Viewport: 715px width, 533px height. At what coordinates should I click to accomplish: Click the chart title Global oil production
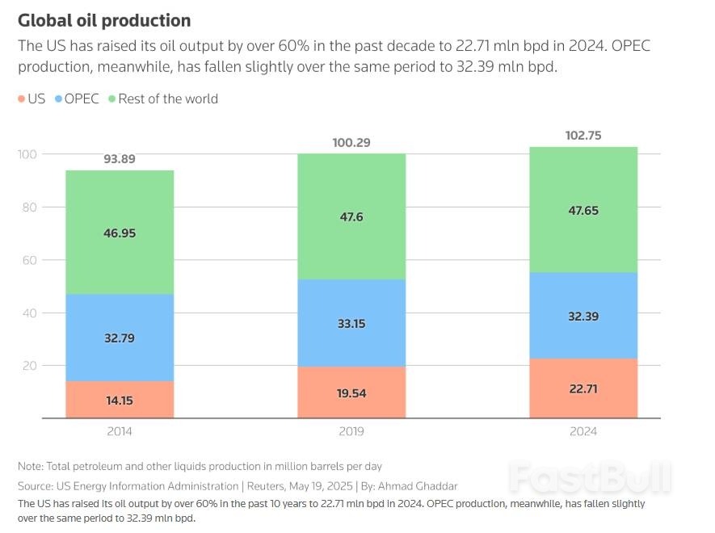tap(104, 20)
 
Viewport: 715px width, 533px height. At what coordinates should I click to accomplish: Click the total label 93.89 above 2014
tap(120, 159)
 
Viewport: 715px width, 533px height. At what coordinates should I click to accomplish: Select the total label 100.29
tap(351, 143)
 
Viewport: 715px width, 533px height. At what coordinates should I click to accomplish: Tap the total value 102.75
tap(583, 136)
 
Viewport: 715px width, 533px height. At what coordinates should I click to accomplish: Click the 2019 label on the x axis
tap(351, 431)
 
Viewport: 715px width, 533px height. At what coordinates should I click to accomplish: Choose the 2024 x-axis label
tap(583, 431)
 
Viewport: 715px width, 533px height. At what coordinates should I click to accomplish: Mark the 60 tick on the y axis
tap(31, 260)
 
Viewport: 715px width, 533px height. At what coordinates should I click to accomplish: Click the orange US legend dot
tap(21, 99)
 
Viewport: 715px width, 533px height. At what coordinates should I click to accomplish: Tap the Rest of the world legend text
tap(167, 99)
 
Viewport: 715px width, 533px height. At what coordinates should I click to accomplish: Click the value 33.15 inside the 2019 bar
tap(351, 324)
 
